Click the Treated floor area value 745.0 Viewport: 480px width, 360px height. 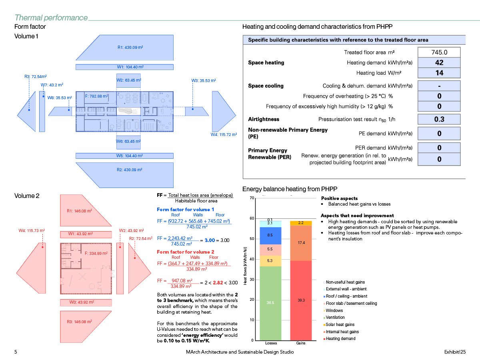click(439, 52)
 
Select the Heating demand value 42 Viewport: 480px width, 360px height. click(439, 63)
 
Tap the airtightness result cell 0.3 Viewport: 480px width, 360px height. click(439, 119)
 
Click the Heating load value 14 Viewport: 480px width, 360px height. click(439, 73)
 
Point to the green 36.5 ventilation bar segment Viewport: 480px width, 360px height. click(270, 303)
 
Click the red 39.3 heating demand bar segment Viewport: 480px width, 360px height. click(301, 300)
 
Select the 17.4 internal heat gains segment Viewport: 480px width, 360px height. click(301, 243)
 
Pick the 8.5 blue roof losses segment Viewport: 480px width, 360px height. click(270, 236)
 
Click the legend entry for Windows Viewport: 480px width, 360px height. click(334, 310)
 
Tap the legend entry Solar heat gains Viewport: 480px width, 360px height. click(340, 324)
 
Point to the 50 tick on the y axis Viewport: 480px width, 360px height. click(252, 239)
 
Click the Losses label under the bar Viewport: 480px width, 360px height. click(271, 343)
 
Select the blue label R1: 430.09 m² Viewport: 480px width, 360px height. click(130, 47)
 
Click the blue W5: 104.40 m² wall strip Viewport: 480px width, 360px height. click(130, 156)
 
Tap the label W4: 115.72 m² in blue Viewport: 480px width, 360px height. click(224, 134)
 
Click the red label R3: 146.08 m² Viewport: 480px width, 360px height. click(79, 321)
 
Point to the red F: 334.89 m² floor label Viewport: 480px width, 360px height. click(96, 253)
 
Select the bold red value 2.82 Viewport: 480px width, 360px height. click(217, 283)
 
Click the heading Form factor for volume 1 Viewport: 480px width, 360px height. click(185, 210)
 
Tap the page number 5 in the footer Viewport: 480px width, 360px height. click(16, 352)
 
